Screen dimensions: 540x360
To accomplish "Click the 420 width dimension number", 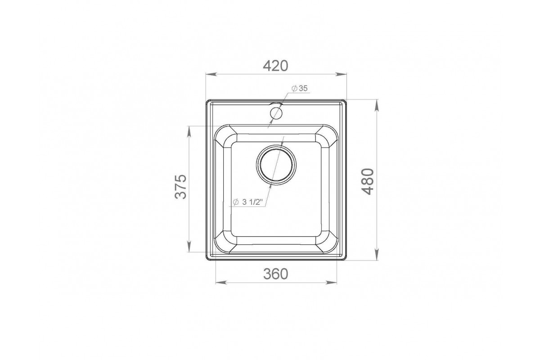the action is point(275,66).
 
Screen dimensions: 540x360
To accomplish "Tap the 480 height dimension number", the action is point(368,181).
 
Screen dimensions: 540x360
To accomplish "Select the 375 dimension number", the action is point(180,186).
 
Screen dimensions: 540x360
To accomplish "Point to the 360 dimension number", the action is point(275,274).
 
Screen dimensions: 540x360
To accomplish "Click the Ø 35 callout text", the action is point(299,89).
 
